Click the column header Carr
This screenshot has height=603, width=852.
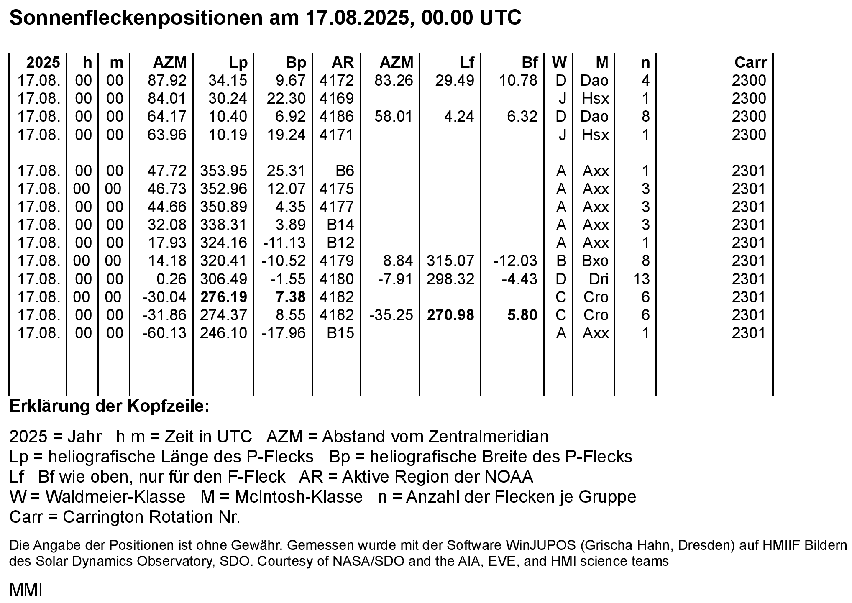pyautogui.click(x=750, y=63)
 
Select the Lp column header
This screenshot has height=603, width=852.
pyautogui.click(x=238, y=63)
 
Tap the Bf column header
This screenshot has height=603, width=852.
pyautogui.click(x=530, y=63)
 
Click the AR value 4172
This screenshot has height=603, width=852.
pyautogui.click(x=336, y=81)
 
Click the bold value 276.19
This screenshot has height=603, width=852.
pyautogui.click(x=224, y=297)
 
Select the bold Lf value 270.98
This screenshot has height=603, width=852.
pyautogui.click(x=450, y=315)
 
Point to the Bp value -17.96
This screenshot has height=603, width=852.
pyautogui.click(x=284, y=333)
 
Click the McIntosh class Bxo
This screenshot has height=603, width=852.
pyautogui.click(x=595, y=261)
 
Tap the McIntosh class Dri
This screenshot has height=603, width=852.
pyautogui.click(x=599, y=279)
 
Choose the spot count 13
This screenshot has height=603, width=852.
pyautogui.click(x=641, y=279)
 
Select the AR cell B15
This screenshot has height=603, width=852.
pyautogui.click(x=340, y=333)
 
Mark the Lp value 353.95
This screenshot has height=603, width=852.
pyautogui.click(x=224, y=171)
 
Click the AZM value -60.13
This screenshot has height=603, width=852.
pyautogui.click(x=164, y=333)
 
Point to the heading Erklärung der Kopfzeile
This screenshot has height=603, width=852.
pyautogui.click(x=109, y=407)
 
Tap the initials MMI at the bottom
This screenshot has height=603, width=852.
pyautogui.click(x=26, y=590)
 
